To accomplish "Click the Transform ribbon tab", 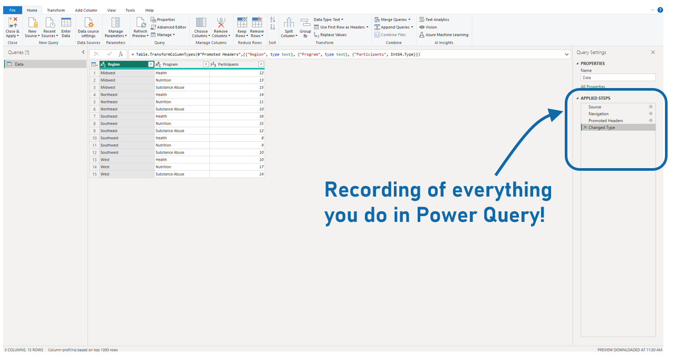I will point(55,10).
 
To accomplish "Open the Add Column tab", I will point(86,10).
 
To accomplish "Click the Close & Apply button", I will point(13,27).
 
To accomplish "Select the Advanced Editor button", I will point(169,27).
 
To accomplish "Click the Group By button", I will point(305,27).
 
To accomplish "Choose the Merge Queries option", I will point(393,20).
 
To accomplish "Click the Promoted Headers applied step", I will point(605,121).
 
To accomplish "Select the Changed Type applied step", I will point(602,128).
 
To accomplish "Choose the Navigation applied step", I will point(598,114).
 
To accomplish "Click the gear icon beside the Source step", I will point(651,107).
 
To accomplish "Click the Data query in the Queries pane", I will point(19,64).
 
